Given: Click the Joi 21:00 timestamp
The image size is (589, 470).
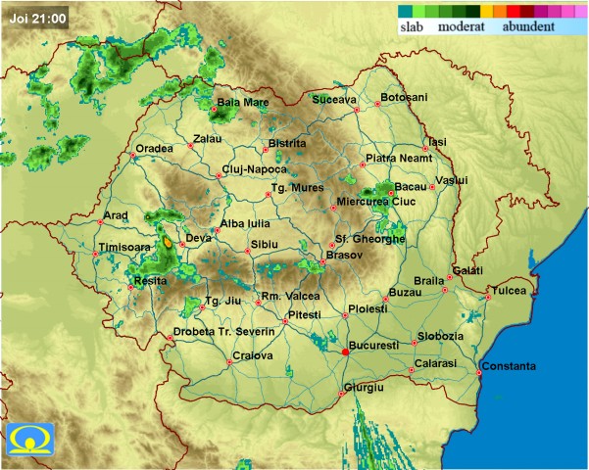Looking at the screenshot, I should pos(34,18).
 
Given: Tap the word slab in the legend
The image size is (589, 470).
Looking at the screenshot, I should pos(415,28).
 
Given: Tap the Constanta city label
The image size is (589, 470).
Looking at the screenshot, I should pos(508,366).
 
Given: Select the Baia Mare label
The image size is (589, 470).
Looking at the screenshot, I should pos(243,102).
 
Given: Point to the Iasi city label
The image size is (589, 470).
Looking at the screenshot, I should pos(437,142).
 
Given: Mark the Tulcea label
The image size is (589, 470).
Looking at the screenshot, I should pos(509,291).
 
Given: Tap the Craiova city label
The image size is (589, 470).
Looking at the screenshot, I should pos(252,355).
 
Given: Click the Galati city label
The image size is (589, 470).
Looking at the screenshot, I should pos(467,270).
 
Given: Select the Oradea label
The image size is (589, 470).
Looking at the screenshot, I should pos(154,148).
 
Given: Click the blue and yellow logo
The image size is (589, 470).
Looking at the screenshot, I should pos(29,441).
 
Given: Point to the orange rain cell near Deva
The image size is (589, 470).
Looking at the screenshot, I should pos(168,241).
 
